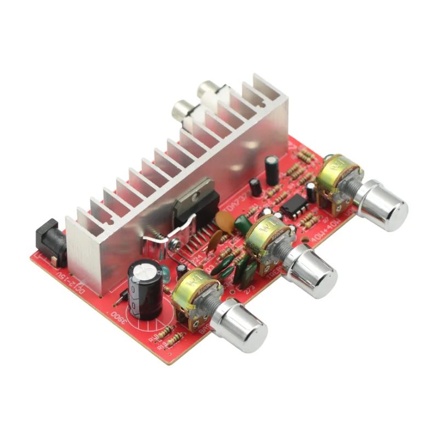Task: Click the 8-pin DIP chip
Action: coord(292,207)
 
